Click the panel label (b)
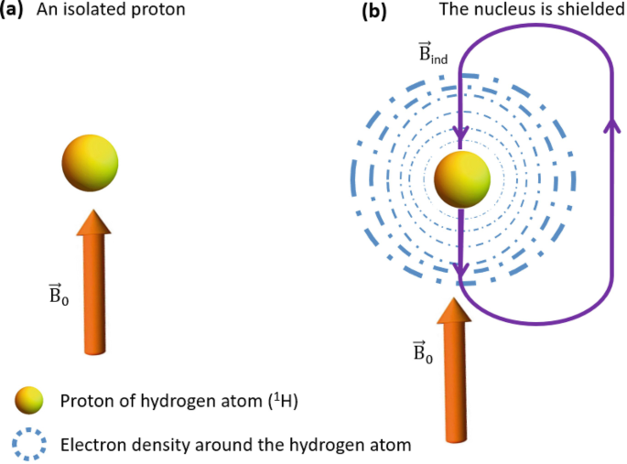pos(374,12)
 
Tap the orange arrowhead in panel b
pos(455,310)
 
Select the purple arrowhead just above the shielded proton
pos(461,135)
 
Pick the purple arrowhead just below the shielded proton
pos(463,271)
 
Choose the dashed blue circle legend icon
pos(29,445)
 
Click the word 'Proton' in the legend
pos(85,402)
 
